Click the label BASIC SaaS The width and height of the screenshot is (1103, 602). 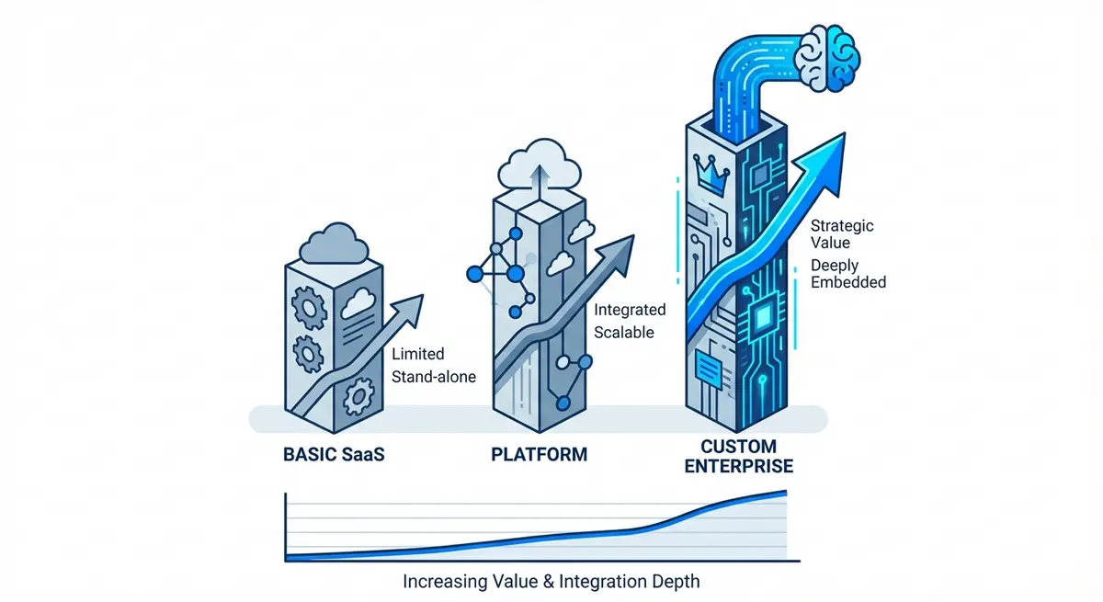click(335, 454)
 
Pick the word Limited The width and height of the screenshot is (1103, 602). click(418, 354)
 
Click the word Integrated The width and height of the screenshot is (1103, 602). click(631, 310)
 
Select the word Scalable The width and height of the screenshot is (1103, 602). click(624, 332)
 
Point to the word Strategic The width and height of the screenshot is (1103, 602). click(843, 225)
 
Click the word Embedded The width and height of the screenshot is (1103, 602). click(849, 282)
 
